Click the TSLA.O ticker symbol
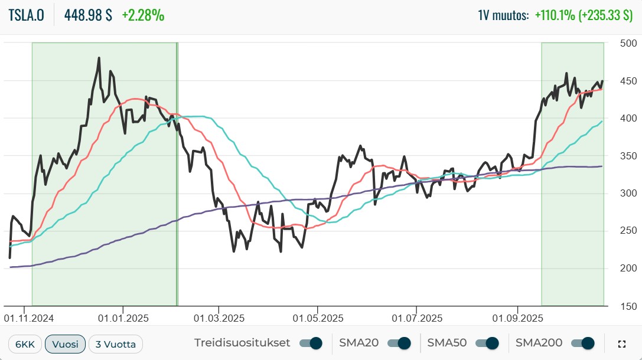point(27,15)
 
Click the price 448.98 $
point(88,15)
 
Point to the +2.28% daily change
point(143,15)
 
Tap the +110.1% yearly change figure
point(555,15)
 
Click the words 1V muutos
point(503,15)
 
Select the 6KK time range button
point(25,344)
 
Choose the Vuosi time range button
point(65,344)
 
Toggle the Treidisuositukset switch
point(311,343)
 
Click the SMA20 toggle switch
point(399,343)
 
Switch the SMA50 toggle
point(487,343)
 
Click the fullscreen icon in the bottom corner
point(621,344)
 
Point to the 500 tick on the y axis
point(628,43)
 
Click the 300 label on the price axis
point(628,194)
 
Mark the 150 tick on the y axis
point(628,306)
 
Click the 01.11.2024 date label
point(29,318)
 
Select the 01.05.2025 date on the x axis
point(318,318)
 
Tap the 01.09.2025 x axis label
point(517,318)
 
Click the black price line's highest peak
point(99,58)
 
